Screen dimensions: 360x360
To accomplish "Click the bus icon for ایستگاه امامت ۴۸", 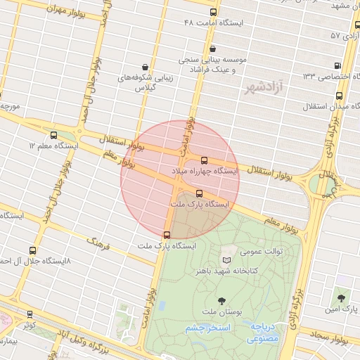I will pyautogui.click(x=213, y=12).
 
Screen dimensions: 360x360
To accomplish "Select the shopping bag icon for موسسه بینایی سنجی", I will pyautogui.click(x=213, y=49).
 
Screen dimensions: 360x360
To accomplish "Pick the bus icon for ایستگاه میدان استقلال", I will pyautogui.click(x=339, y=96).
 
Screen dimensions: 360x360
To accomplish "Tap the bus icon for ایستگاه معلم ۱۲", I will pyautogui.click(x=54, y=135).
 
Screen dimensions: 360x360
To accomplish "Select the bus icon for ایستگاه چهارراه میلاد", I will pyautogui.click(x=205, y=160).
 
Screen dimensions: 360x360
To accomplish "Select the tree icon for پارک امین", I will pyautogui.click(x=343, y=298).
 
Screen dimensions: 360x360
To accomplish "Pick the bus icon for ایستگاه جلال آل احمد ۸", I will pyautogui.click(x=32, y=250).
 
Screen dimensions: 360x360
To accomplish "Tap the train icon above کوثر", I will pyautogui.click(x=30, y=314).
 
